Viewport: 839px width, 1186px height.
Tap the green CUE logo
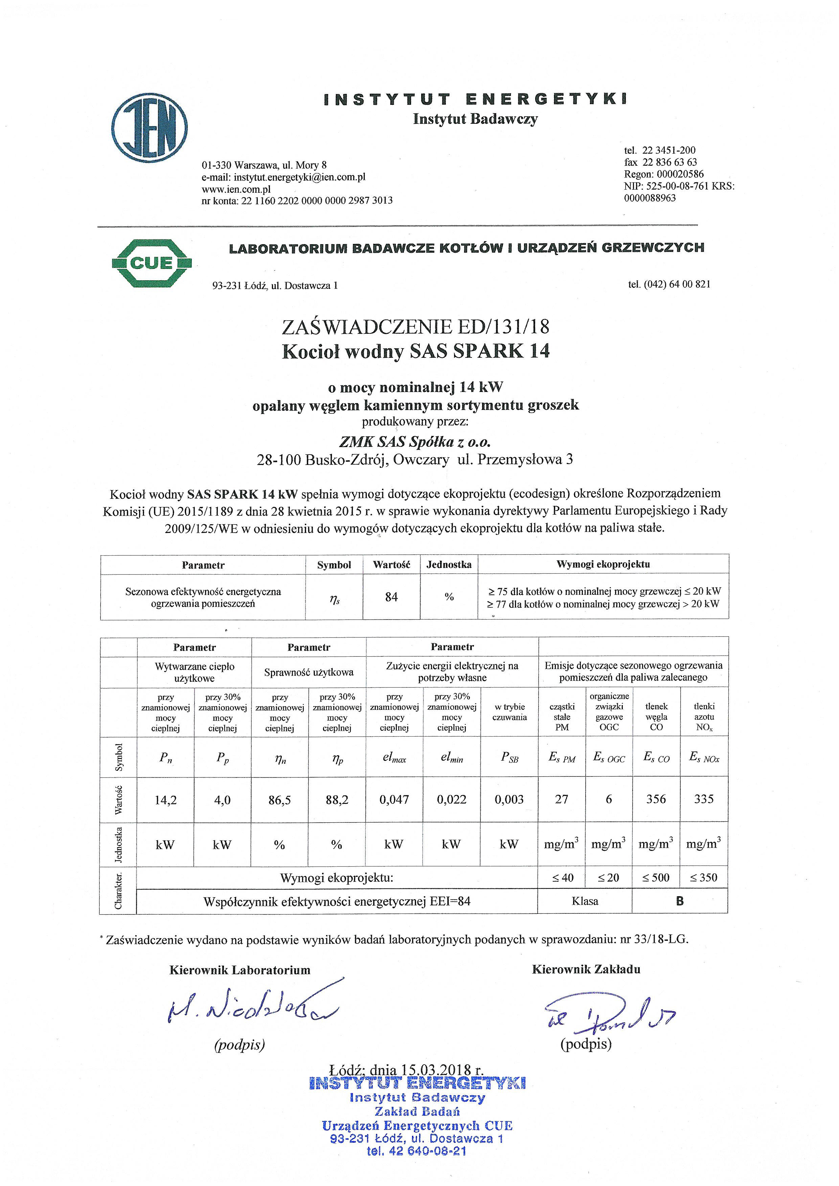[151, 263]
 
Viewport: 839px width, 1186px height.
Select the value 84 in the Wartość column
[392, 597]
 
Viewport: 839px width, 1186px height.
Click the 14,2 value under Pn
[165, 800]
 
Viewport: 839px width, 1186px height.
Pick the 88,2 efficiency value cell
[337, 800]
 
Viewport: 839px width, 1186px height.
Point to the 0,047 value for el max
[394, 800]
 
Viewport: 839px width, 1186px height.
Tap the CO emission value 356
[656, 799]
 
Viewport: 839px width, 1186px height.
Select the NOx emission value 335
[704, 799]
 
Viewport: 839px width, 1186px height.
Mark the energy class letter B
[680, 901]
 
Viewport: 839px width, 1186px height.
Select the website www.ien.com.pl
[236, 189]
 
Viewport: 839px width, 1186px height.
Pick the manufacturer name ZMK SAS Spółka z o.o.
[414, 442]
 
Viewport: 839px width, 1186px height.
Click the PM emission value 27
[562, 799]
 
